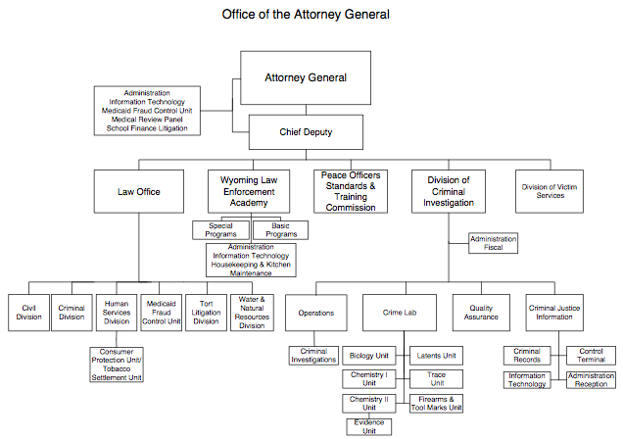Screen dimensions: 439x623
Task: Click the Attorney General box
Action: [305, 77]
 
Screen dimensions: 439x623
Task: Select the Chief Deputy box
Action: [305, 130]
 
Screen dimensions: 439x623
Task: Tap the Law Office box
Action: [140, 191]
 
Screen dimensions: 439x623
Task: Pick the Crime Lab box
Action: [400, 313]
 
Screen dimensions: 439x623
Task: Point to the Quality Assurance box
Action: [482, 313]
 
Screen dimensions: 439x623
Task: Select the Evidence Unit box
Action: [371, 425]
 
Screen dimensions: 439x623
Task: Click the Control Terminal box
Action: [591, 355]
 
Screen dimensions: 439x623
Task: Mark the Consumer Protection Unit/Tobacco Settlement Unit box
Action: [117, 365]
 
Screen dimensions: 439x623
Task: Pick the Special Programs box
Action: [220, 230]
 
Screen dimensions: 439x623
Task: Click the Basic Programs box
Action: [279, 230]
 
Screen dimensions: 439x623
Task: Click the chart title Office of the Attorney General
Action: [305, 15]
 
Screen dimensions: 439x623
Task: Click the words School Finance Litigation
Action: [147, 128]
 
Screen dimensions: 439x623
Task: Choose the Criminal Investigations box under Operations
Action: [313, 355]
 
